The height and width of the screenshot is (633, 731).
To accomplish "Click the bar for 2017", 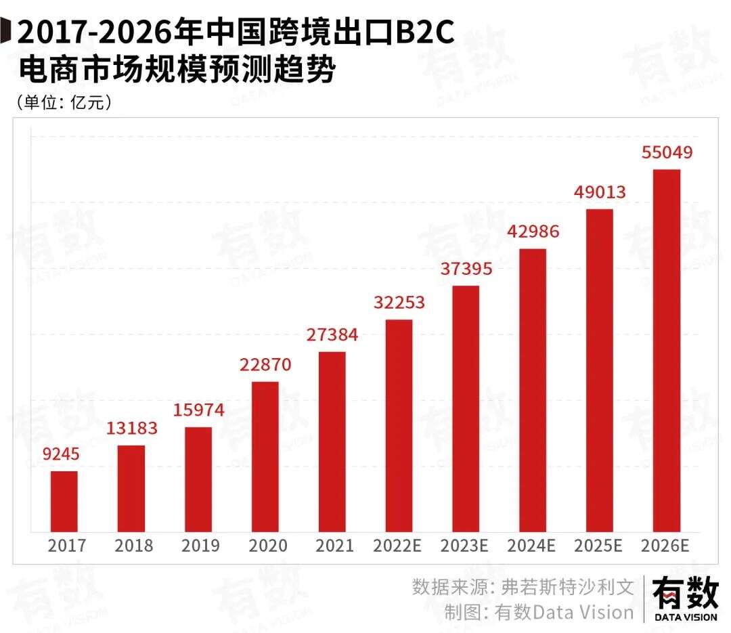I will coord(64,501).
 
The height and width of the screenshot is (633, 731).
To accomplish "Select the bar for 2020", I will coord(265,456).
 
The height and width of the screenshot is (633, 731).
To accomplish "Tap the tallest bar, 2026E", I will coord(666,350).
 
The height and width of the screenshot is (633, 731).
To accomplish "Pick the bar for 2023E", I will coord(466,408).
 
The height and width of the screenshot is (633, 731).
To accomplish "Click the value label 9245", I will coord(65,456).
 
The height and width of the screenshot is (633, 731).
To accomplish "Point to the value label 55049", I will coord(667,152).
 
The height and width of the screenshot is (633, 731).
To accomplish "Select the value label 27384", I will coord(332,334).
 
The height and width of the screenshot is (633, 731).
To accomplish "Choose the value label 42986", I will coord(533,232).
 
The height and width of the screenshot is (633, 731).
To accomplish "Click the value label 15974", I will coord(198,410).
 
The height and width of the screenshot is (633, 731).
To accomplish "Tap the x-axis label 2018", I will coord(133,546).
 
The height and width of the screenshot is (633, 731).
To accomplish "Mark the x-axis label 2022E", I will coord(398,546).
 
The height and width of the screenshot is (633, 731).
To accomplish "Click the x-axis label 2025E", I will coord(598,546).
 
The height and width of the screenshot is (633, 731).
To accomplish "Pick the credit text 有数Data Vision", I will coord(564,612).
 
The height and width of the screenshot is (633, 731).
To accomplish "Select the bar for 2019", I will coord(198,479).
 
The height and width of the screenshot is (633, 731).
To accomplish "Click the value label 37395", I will coord(466,268).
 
